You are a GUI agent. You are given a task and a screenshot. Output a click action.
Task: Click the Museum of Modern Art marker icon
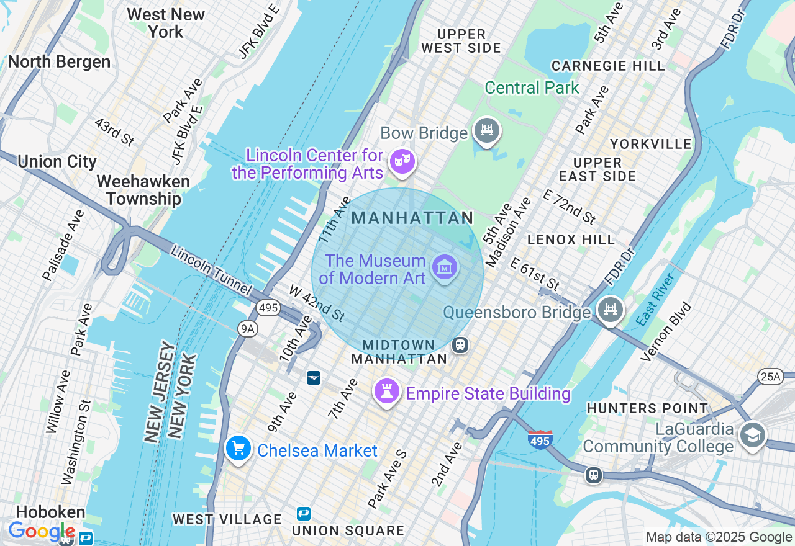(x=445, y=267)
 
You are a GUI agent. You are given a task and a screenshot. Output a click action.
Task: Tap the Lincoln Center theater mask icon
(x=402, y=162)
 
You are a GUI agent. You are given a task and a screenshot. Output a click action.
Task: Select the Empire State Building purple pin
(x=386, y=391)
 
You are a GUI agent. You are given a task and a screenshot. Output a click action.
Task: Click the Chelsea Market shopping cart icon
(x=238, y=448)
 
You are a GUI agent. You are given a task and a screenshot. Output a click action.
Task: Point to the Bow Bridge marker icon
(x=487, y=131)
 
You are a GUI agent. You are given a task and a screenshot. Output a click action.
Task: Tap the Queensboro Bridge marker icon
(x=610, y=309)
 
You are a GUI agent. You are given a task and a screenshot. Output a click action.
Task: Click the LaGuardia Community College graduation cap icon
(x=752, y=436)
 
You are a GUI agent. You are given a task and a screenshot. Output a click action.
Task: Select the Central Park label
(x=532, y=88)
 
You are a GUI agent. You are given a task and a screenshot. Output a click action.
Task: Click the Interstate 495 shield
(x=540, y=439)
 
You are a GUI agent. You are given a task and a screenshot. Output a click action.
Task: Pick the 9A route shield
(x=247, y=329)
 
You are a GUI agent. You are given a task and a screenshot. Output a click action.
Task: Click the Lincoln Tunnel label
(x=211, y=271)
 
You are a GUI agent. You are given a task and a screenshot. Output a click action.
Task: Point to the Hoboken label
(x=50, y=512)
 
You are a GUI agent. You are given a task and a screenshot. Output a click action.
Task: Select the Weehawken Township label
(x=143, y=190)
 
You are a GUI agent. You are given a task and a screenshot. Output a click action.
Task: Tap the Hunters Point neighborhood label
(x=647, y=408)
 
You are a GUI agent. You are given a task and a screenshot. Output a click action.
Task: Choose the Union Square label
(x=348, y=530)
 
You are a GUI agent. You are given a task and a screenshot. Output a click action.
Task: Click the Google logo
(x=41, y=532)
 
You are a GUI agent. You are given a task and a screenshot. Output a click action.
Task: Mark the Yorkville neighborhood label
(x=650, y=144)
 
